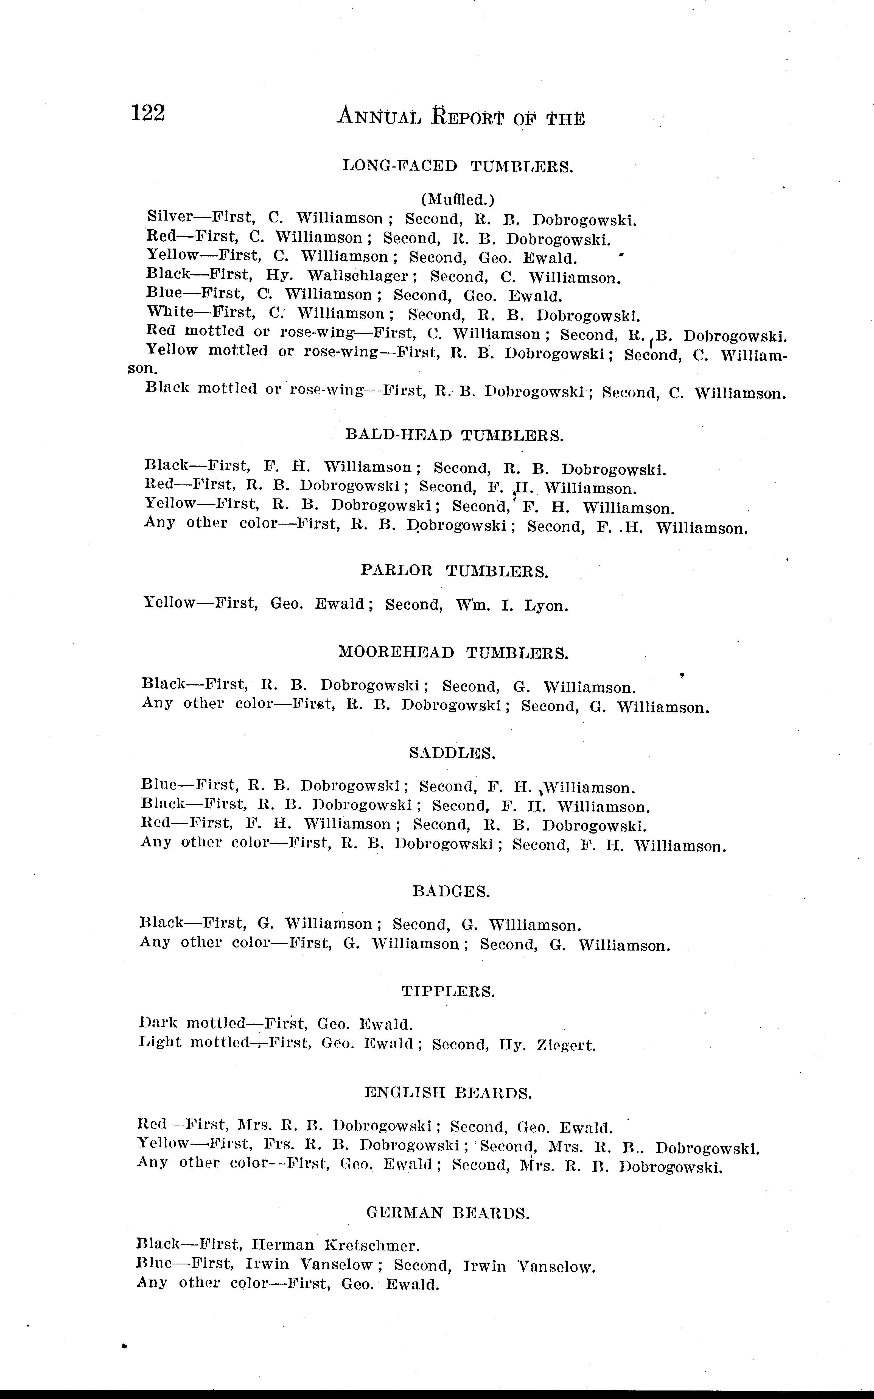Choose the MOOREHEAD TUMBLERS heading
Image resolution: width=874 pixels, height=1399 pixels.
click(x=453, y=653)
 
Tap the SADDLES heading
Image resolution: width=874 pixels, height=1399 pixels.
click(x=452, y=753)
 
